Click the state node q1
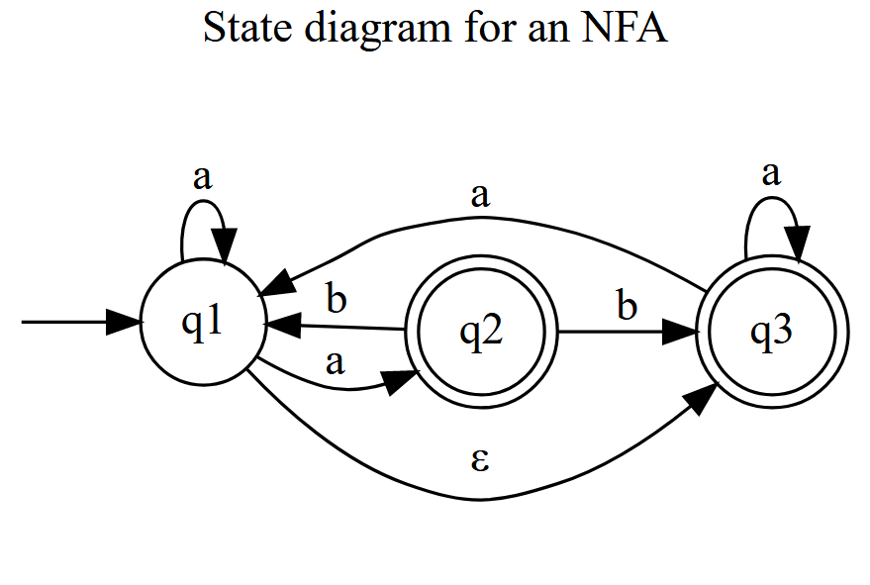(202, 323)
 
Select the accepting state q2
(482, 333)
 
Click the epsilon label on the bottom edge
(480, 460)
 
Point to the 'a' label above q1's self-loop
(202, 178)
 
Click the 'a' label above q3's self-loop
(771, 174)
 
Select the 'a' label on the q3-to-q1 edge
(480, 194)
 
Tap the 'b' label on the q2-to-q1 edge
(337, 299)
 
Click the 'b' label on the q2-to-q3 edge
(627, 306)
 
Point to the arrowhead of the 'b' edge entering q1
(278, 324)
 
